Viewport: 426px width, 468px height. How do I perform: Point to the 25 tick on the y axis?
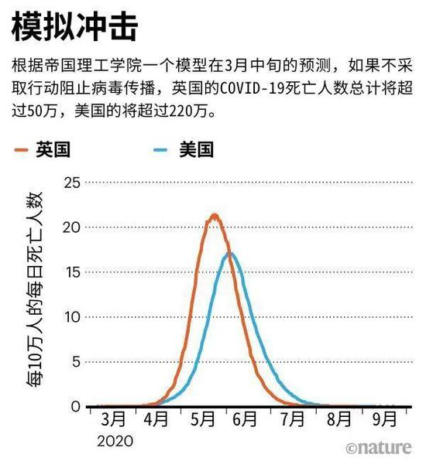click(x=72, y=183)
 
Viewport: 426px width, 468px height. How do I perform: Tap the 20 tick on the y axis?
click(x=72, y=227)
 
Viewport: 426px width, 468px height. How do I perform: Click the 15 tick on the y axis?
click(x=72, y=272)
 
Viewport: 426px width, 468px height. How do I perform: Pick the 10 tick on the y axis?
click(x=72, y=317)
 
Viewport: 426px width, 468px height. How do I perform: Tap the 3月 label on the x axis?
click(x=113, y=420)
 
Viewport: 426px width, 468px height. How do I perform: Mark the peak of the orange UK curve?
click(x=214, y=216)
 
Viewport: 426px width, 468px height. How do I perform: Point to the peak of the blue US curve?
click(x=229, y=253)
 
